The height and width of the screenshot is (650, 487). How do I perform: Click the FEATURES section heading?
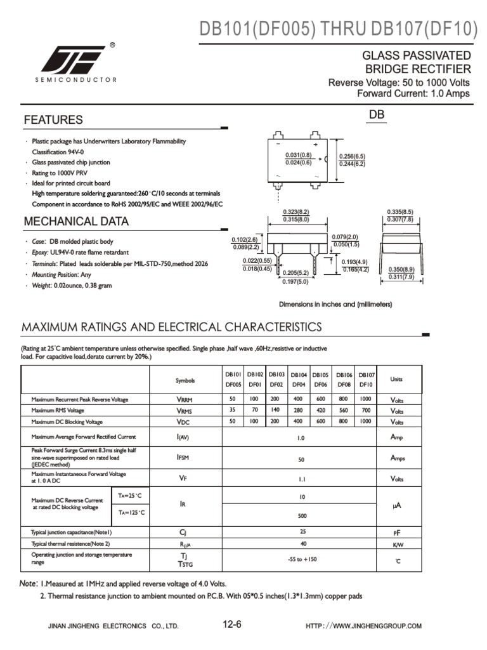pyautogui.click(x=53, y=120)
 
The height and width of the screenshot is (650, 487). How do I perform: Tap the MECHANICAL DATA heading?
pyautogui.click(x=76, y=222)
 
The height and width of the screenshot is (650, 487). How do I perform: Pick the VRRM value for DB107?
pyautogui.click(x=366, y=399)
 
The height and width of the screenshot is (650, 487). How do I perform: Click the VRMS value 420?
pyautogui.click(x=320, y=411)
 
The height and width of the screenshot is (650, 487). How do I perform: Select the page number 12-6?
pyautogui.click(x=232, y=625)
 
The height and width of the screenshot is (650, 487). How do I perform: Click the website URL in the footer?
pyautogui.click(x=363, y=627)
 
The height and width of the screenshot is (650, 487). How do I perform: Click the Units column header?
pyautogui.click(x=397, y=380)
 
